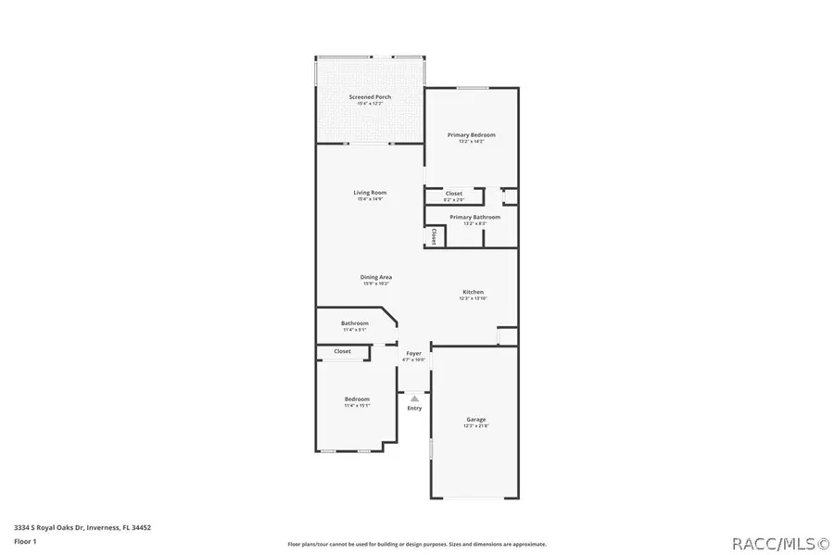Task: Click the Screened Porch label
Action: click(x=370, y=97)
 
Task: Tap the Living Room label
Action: click(x=370, y=193)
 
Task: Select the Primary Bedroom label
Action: click(x=471, y=135)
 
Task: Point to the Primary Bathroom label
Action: click(x=468, y=217)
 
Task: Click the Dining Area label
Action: click(x=376, y=277)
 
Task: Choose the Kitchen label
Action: click(x=473, y=292)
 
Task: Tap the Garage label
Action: click(x=475, y=420)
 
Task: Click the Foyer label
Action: click(x=414, y=353)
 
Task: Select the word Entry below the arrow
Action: click(x=414, y=409)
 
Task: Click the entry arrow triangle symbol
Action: click(x=414, y=398)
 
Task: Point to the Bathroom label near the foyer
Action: click(x=355, y=323)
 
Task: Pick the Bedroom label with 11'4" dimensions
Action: click(x=357, y=399)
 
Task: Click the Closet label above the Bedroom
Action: click(x=342, y=352)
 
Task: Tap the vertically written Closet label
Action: click(x=434, y=236)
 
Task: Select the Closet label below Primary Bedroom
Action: click(x=453, y=194)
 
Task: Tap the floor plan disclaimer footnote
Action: click(x=416, y=544)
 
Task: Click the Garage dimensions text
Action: click(x=475, y=426)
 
